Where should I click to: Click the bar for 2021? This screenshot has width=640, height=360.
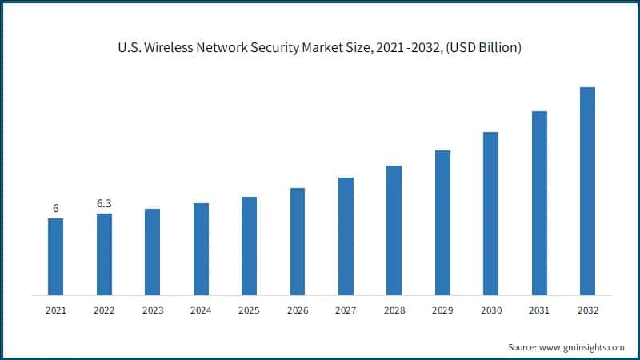click(x=55, y=256)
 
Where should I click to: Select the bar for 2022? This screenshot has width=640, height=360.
click(x=104, y=254)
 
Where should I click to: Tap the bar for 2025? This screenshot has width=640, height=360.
click(x=249, y=245)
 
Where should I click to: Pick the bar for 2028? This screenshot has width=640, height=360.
click(x=394, y=230)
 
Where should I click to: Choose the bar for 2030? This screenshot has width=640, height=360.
click(x=490, y=213)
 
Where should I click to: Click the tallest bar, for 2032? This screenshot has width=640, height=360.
click(x=587, y=190)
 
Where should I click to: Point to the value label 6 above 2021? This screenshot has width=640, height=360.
click(x=55, y=209)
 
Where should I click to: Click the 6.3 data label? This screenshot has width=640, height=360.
click(x=104, y=204)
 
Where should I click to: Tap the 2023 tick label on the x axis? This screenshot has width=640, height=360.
click(x=152, y=310)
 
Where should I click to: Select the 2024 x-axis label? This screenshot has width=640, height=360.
click(x=201, y=310)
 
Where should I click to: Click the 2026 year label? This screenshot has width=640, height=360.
click(x=297, y=310)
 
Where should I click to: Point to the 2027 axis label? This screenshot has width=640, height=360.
click(x=346, y=310)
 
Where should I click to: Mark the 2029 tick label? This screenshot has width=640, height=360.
click(x=442, y=310)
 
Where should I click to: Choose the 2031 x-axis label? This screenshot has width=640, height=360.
click(x=539, y=310)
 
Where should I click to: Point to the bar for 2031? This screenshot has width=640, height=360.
click(x=539, y=202)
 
